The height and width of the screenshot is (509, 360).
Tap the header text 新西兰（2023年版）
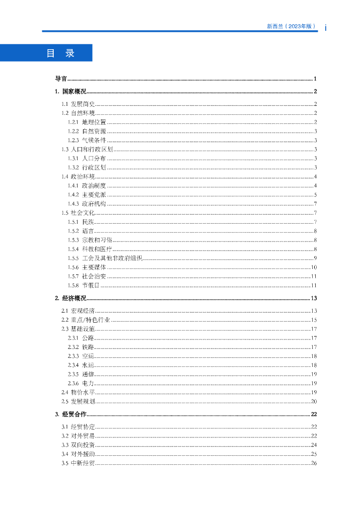point(291,26)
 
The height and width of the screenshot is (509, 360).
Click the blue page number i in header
point(325,28)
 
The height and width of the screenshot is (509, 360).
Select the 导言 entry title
point(61,79)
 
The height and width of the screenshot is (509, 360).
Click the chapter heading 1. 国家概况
point(70,91)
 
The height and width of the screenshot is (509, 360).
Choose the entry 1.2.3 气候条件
point(87,140)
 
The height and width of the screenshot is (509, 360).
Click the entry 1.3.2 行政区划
point(87,168)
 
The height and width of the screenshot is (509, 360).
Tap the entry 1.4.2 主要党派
point(87,194)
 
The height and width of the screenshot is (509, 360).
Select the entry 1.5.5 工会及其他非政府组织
point(105,258)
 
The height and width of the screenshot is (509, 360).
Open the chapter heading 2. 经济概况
point(70,298)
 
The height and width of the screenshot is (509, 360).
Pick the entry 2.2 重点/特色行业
point(86,320)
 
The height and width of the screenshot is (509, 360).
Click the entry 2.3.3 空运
point(81,356)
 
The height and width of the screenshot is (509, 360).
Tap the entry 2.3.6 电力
point(81,383)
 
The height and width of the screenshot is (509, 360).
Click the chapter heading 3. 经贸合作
point(70,414)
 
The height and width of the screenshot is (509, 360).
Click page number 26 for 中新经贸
point(314,463)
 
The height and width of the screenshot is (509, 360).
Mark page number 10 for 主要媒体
point(314,267)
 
